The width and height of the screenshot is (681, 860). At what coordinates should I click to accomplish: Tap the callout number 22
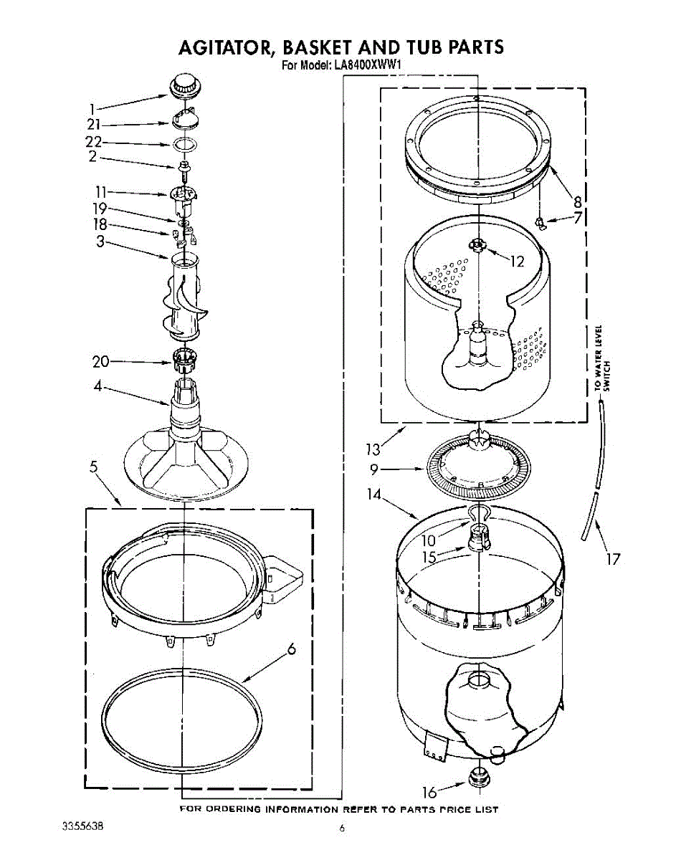[x=94, y=142]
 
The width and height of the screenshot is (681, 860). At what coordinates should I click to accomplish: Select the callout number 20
[x=100, y=362]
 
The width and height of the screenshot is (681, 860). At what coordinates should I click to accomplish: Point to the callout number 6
[x=291, y=649]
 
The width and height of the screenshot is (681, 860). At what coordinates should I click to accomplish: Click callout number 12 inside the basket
[x=517, y=262]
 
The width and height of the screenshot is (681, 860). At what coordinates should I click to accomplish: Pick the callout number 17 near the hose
[x=613, y=559]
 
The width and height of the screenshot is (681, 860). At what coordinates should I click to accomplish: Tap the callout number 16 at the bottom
[x=429, y=792]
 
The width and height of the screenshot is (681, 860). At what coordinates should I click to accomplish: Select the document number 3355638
[x=83, y=826]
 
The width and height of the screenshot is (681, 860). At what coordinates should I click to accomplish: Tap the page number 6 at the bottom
[x=342, y=829]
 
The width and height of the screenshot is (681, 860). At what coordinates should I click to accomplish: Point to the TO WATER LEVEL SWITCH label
[x=601, y=358]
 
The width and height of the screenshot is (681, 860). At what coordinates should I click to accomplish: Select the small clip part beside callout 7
[x=543, y=224]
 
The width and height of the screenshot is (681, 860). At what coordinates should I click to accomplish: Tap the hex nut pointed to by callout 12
[x=477, y=247]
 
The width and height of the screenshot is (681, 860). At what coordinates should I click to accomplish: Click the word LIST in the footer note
[x=485, y=809]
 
